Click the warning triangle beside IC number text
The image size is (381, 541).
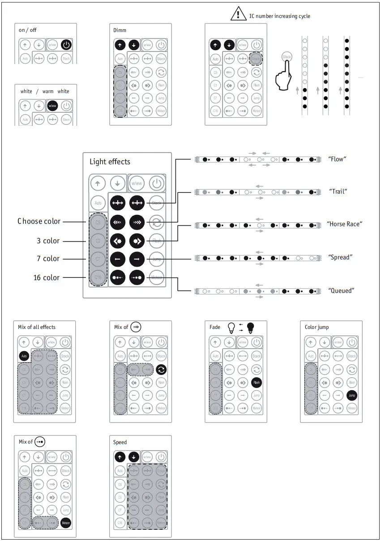click(236, 14)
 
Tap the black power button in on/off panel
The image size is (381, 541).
click(66, 44)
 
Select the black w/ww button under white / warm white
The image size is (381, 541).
click(53, 106)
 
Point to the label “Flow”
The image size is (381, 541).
click(338, 159)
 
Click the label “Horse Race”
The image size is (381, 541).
click(344, 224)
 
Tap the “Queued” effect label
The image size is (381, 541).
click(341, 291)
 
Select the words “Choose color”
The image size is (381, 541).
click(39, 221)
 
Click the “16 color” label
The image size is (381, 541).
click(47, 278)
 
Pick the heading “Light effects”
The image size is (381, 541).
click(110, 162)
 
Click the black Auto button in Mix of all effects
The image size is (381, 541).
click(24, 357)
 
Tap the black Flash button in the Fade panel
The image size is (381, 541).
click(257, 383)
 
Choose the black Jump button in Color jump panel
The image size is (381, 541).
click(352, 396)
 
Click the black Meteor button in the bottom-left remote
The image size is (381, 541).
click(66, 523)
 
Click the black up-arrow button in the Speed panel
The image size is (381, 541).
click(120, 457)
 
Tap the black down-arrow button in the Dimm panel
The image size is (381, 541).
click(134, 45)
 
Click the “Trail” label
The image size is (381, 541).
click(338, 192)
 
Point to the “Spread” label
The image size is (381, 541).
click(340, 257)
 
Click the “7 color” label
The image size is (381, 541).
click(48, 259)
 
